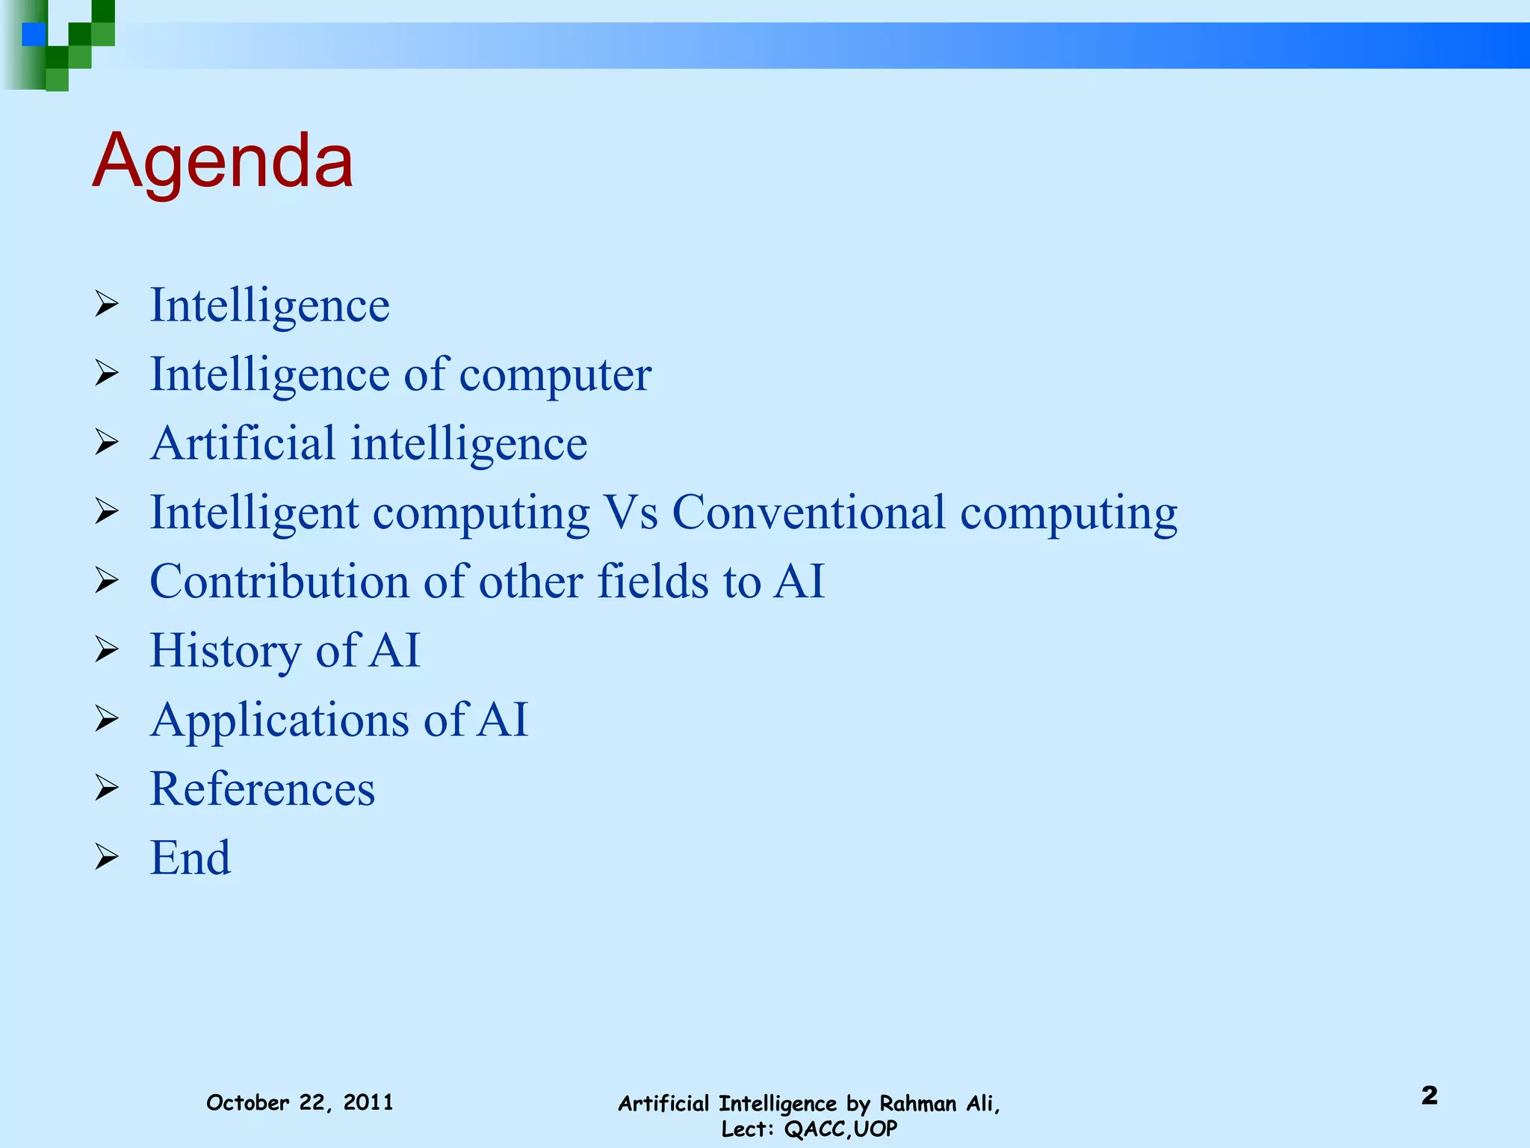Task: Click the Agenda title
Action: pos(223,161)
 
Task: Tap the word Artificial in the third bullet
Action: pos(243,443)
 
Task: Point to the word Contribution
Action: pos(279,581)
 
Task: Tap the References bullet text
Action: pos(262,789)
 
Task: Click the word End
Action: pos(191,857)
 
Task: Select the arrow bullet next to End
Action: pos(107,857)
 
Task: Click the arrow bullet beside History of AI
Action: pos(107,650)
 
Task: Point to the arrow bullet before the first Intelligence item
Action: pos(107,305)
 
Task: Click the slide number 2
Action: pos(1429,1096)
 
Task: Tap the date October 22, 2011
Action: pos(300,1102)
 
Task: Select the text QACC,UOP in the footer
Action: pos(840,1129)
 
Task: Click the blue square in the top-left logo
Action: pos(34,34)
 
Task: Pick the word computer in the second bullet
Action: pos(555,374)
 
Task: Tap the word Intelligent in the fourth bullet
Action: pos(254,513)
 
